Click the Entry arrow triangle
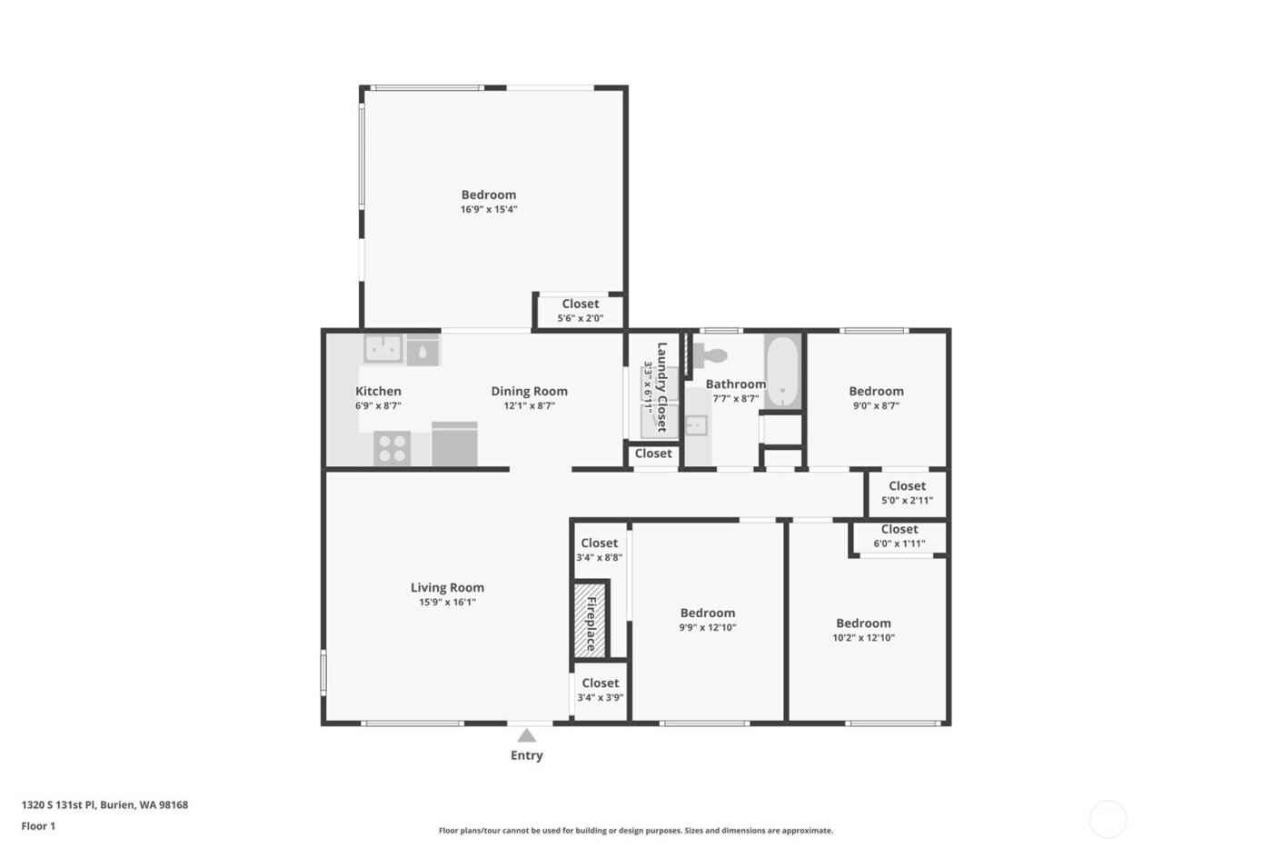pyautogui.click(x=526, y=735)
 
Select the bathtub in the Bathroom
pyautogui.click(x=782, y=373)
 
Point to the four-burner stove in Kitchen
pyautogui.click(x=393, y=448)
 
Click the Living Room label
pyautogui.click(x=447, y=588)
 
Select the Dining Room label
pyautogui.click(x=529, y=392)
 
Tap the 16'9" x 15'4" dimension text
pyautogui.click(x=489, y=210)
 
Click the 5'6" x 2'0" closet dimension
pyautogui.click(x=580, y=319)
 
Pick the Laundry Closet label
pyautogui.click(x=662, y=387)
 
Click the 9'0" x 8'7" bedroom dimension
pyautogui.click(x=876, y=406)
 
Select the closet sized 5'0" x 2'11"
pyautogui.click(x=907, y=494)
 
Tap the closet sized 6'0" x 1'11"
pyautogui.click(x=899, y=536)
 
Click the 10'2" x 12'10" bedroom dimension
pyautogui.click(x=863, y=638)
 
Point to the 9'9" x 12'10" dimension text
pyautogui.click(x=708, y=628)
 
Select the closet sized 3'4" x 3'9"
pyautogui.click(x=600, y=691)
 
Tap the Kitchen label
pyautogui.click(x=378, y=392)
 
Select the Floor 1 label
pyautogui.click(x=38, y=827)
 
